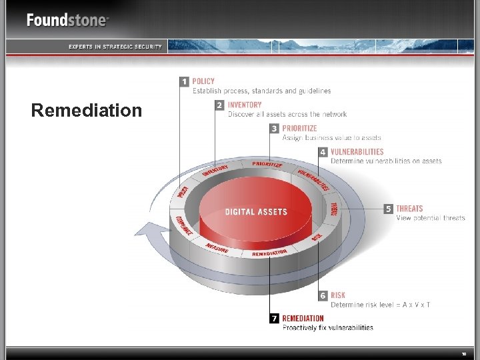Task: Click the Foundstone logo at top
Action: pyautogui.click(x=67, y=20)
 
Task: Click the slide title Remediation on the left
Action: pyautogui.click(x=87, y=110)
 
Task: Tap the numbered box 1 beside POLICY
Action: pyautogui.click(x=185, y=82)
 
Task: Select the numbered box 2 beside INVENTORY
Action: pyautogui.click(x=220, y=105)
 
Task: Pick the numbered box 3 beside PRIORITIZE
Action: pyautogui.click(x=274, y=129)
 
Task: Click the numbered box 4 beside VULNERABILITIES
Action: pyautogui.click(x=323, y=152)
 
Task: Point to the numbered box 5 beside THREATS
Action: pyautogui.click(x=389, y=209)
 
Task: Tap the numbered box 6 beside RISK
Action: pyautogui.click(x=323, y=295)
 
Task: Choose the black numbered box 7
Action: pyautogui.click(x=274, y=319)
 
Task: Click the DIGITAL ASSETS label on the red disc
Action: pyautogui.click(x=256, y=212)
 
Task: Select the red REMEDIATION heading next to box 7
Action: pyautogui.click(x=303, y=318)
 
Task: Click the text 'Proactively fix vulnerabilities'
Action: pyautogui.click(x=327, y=327)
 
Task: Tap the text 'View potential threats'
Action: pyautogui.click(x=430, y=218)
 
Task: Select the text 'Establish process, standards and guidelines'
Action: pyautogui.click(x=261, y=91)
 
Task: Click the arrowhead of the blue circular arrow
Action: pyautogui.click(x=143, y=231)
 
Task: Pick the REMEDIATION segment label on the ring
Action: pyautogui.click(x=269, y=253)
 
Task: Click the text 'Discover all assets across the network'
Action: pyautogui.click(x=287, y=114)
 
